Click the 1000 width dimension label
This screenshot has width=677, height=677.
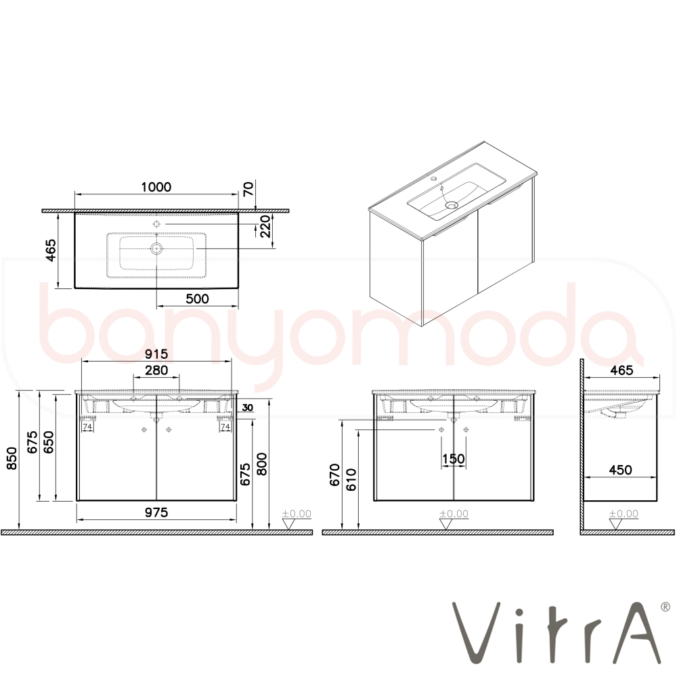[156, 187]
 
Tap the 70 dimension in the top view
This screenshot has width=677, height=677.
[249, 189]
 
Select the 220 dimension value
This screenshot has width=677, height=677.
[265, 226]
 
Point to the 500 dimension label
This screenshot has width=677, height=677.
[197, 299]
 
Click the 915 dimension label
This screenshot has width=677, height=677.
[156, 354]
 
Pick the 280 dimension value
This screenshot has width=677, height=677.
[156, 370]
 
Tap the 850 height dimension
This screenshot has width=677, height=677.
[12, 458]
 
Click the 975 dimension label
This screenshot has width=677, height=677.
[156, 512]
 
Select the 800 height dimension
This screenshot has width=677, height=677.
[262, 464]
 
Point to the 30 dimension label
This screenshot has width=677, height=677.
[247, 408]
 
